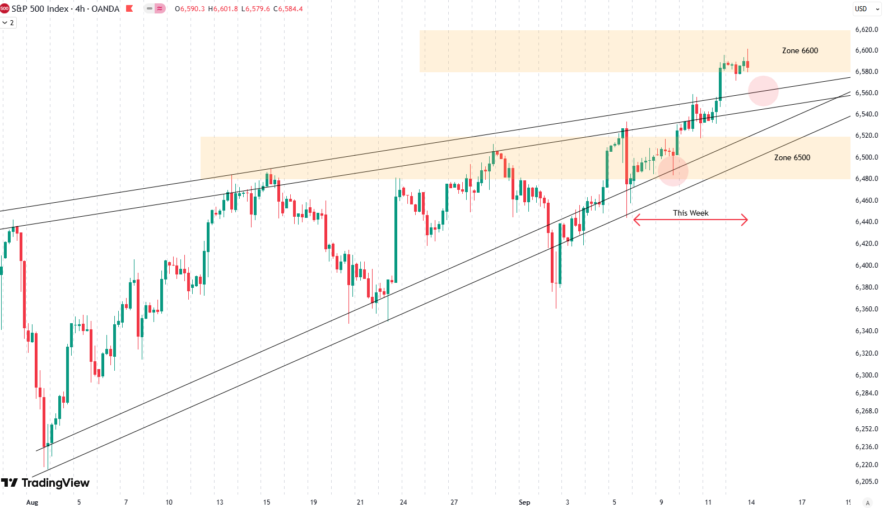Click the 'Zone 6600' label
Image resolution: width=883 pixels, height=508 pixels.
click(x=800, y=50)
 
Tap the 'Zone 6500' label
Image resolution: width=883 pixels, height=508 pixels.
click(x=792, y=157)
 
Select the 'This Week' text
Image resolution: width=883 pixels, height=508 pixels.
click(x=690, y=213)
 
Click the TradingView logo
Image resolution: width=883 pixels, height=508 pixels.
click(x=45, y=483)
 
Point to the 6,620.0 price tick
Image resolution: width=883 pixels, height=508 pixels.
click(x=866, y=29)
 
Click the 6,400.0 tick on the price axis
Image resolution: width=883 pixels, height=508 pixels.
click(x=866, y=265)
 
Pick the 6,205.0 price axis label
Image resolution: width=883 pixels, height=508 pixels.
click(x=866, y=482)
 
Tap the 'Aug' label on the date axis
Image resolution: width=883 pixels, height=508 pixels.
click(x=32, y=502)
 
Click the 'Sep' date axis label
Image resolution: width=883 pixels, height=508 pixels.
click(x=524, y=502)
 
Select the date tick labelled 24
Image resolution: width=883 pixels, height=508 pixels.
click(x=403, y=502)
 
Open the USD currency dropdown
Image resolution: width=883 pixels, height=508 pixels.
click(x=867, y=9)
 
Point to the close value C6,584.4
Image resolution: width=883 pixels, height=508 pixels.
click(x=288, y=9)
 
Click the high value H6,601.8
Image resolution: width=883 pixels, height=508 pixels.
click(x=223, y=9)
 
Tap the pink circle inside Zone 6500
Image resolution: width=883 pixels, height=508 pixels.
click(x=672, y=170)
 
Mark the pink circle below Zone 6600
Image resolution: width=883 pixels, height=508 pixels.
click(x=763, y=91)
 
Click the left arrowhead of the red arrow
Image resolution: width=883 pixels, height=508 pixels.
click(x=635, y=220)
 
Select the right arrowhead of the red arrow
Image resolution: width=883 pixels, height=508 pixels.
click(x=746, y=220)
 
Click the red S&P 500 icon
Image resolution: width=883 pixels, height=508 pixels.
click(x=5, y=9)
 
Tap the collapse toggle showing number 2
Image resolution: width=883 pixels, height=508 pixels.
click(x=8, y=23)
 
